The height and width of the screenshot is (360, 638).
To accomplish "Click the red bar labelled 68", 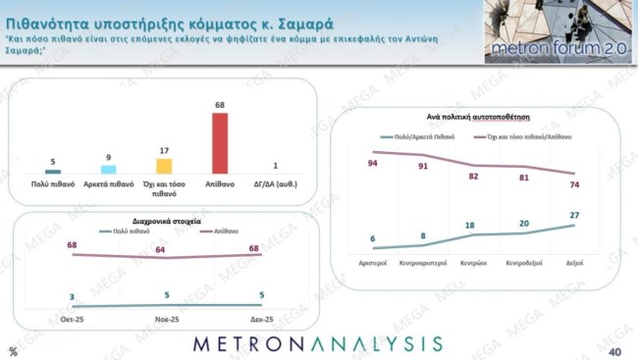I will click(x=221, y=143).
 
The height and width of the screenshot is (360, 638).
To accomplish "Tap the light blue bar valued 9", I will click(x=109, y=170).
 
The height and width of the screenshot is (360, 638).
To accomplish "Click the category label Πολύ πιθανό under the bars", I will click(x=53, y=183).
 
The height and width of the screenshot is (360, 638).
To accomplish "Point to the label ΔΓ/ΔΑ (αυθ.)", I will click(x=276, y=183).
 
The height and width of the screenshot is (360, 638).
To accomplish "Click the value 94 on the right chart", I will click(x=373, y=163).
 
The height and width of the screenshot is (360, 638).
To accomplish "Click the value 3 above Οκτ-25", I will click(x=73, y=296).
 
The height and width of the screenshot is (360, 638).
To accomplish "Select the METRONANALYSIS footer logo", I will click(x=317, y=343).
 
